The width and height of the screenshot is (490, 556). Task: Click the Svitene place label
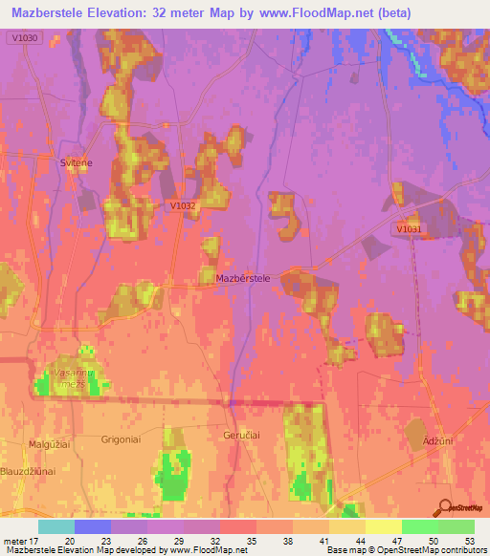click(77, 163)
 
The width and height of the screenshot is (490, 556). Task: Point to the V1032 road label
click(183, 205)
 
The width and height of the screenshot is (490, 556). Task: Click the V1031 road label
click(407, 229)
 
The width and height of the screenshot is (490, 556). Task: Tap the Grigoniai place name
click(121, 439)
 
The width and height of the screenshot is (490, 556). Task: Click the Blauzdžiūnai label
click(31, 470)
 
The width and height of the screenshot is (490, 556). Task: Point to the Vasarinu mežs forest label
click(78, 379)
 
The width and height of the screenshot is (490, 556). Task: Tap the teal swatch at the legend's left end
click(56, 526)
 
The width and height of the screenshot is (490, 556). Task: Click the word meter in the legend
click(13, 540)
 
